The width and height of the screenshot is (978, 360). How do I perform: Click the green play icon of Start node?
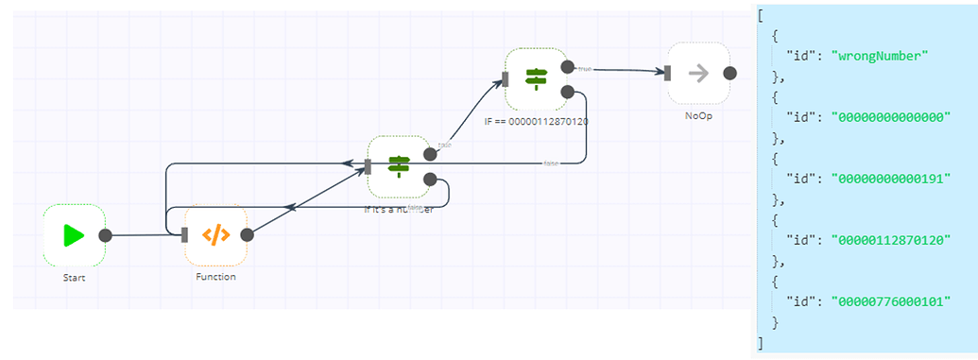(x=74, y=235)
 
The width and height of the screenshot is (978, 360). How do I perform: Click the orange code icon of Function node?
(x=216, y=235)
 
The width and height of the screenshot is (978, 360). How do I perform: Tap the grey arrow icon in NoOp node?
(x=698, y=73)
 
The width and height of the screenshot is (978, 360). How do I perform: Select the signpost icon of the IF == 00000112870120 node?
(x=536, y=78)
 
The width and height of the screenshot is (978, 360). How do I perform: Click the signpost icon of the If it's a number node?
(x=399, y=166)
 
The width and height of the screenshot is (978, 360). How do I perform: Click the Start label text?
(x=74, y=277)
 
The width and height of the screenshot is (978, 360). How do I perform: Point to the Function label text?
(x=216, y=277)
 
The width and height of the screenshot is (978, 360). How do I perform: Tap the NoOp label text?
(x=698, y=114)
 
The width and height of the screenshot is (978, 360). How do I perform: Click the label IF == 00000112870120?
(x=536, y=121)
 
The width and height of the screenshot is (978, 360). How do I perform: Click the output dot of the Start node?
(x=105, y=235)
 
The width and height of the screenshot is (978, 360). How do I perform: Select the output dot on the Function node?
(x=247, y=235)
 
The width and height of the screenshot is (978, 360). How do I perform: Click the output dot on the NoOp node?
(x=729, y=73)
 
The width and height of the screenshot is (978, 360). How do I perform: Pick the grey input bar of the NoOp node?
(x=667, y=73)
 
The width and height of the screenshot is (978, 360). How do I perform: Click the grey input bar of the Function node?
(x=186, y=235)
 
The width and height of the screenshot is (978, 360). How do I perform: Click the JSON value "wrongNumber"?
(x=880, y=56)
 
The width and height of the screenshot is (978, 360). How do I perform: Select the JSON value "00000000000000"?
(x=890, y=117)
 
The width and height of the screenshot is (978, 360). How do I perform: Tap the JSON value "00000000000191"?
(x=890, y=179)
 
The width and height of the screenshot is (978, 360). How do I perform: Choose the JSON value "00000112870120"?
(x=890, y=240)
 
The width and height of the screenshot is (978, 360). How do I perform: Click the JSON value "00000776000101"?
(x=890, y=301)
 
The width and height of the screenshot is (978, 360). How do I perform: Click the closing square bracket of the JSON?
(x=761, y=343)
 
